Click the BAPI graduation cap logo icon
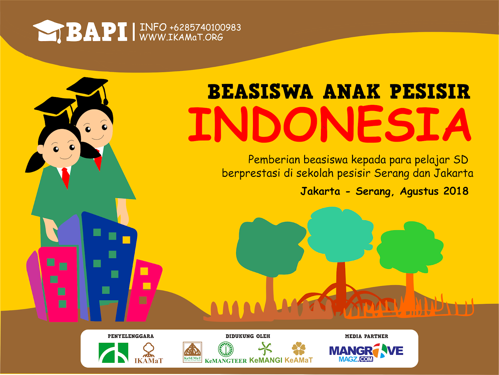pyautogui.click(x=48, y=31)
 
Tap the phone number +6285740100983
pyautogui.click(x=205, y=27)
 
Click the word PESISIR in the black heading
pyautogui.click(x=430, y=91)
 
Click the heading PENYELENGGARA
pyautogui.click(x=131, y=336)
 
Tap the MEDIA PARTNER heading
pyautogui.click(x=366, y=336)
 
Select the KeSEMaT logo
pyautogui.click(x=192, y=352)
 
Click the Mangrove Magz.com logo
pyautogui.click(x=366, y=353)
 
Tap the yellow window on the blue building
pyautogui.click(x=126, y=240)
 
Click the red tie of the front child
pyautogui.click(x=66, y=178)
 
